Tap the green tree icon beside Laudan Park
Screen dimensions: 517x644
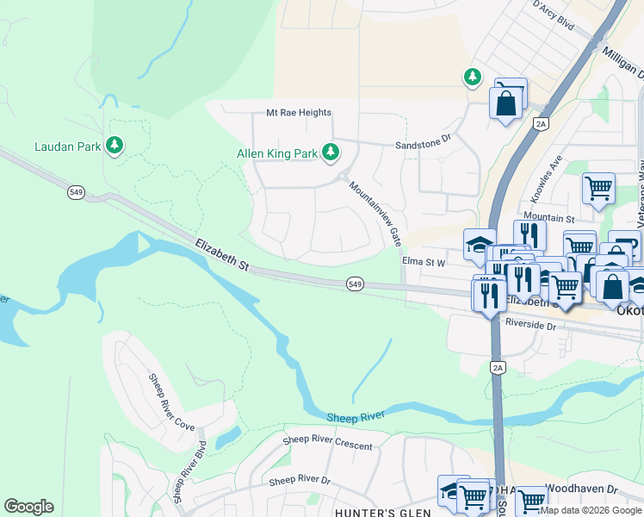pos(114,146)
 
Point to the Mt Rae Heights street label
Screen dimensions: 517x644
pos(299,113)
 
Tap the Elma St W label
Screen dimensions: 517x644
pos(423,262)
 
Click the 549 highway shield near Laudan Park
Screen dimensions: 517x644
pos(77,193)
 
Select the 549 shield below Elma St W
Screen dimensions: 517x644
pos(355,283)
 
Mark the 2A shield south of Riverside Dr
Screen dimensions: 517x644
pos(498,368)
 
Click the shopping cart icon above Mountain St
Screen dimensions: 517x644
pos(598,188)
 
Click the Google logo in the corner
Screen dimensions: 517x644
pos(28,507)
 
